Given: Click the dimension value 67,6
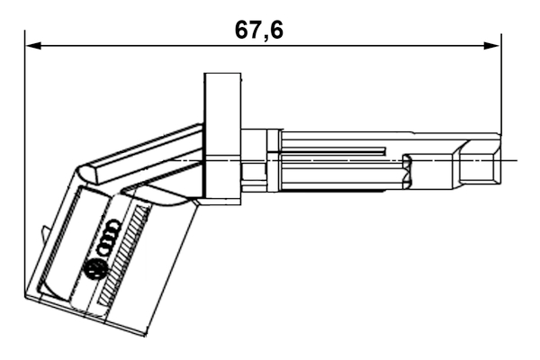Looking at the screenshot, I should pos(258,30).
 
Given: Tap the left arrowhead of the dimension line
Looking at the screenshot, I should pos(32,43).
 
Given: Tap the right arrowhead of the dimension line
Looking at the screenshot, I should pos(494,43).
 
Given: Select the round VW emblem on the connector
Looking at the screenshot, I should pos(94,267).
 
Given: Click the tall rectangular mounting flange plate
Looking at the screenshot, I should pos(222,135).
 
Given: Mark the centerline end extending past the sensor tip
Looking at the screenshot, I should pos(513,160).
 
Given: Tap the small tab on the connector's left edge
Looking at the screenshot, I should pos(44,234).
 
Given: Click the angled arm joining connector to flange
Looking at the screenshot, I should pos(148,153).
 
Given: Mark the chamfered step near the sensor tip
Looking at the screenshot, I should pos(459,148).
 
